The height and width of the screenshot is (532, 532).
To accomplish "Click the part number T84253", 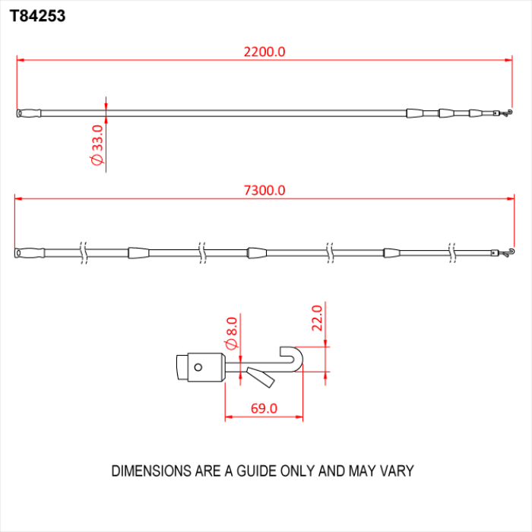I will point(37,14).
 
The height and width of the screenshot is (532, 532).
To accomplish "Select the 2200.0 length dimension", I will point(264,52).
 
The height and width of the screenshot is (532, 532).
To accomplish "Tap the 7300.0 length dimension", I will point(264,191).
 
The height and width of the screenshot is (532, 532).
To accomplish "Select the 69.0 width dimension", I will point(264,409).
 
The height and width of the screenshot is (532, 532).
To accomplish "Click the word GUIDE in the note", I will point(251,471).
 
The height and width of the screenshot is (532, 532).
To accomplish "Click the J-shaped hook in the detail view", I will point(293,360).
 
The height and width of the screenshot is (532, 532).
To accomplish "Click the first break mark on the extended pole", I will point(83,252).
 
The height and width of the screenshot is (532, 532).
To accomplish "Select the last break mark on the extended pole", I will point(451,252).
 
